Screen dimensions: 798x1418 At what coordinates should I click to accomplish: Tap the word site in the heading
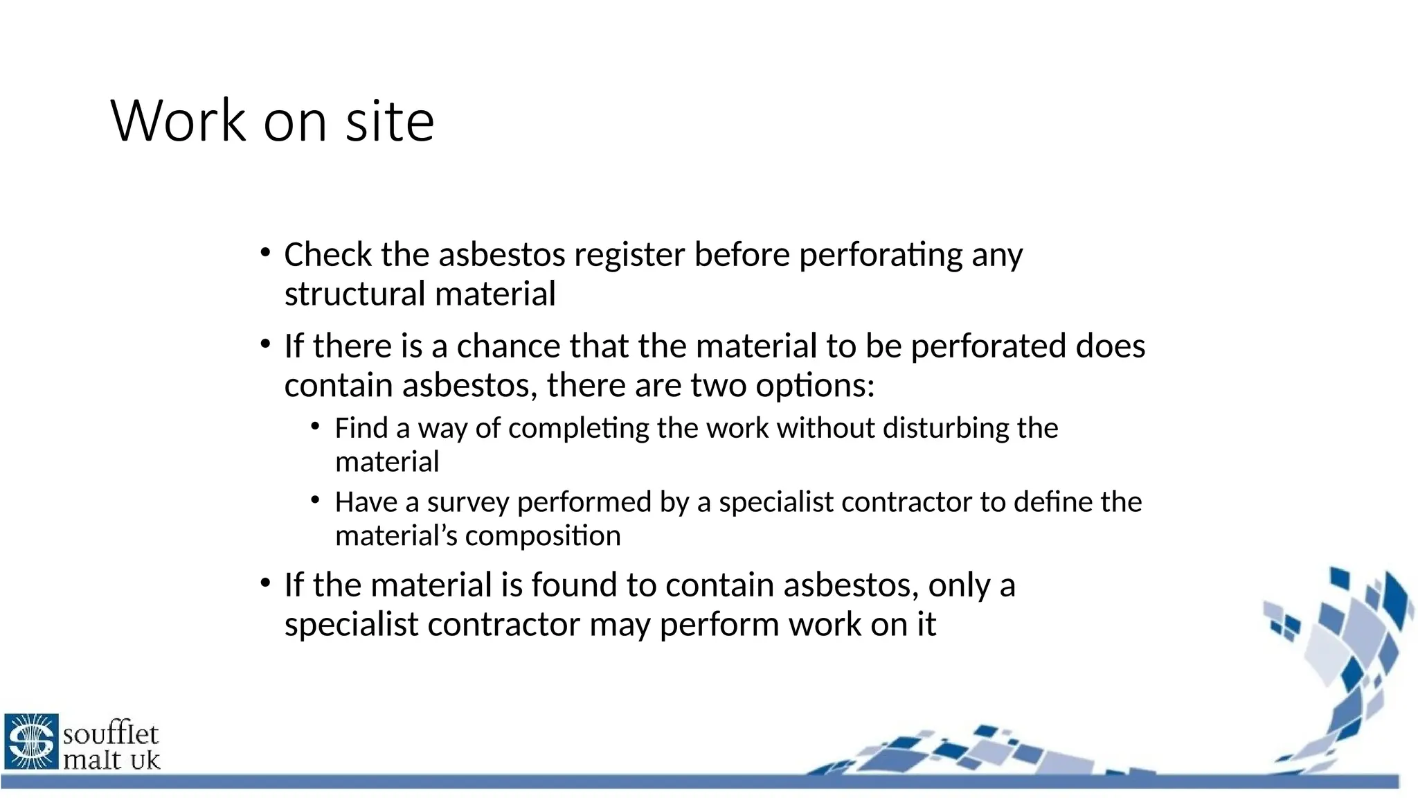click(390, 121)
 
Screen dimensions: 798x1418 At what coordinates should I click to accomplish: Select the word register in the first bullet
click(629, 254)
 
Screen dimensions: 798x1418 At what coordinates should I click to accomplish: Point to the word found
click(574, 585)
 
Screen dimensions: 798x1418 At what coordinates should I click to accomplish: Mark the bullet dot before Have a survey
click(316, 499)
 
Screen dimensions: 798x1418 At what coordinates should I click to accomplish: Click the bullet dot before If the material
click(265, 583)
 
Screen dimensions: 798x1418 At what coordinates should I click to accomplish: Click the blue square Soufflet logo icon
click(31, 741)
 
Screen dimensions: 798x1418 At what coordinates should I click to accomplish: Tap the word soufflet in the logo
click(111, 733)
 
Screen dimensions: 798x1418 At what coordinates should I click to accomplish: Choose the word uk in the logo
click(145, 760)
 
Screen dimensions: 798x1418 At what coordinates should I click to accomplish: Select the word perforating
click(880, 254)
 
